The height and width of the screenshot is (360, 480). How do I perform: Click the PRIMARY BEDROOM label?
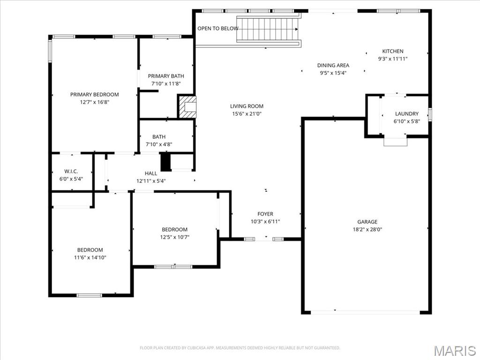point(94,94)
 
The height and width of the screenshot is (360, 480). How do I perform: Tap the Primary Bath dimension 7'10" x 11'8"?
point(166,83)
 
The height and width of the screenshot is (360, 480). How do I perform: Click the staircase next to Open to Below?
point(268,29)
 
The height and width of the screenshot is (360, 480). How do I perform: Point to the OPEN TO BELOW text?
point(217,29)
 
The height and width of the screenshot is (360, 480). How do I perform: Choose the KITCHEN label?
point(392,52)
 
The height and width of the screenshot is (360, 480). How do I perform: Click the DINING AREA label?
point(333,66)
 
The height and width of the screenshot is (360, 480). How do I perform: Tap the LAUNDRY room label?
point(406,114)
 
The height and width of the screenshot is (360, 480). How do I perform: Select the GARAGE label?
point(367,222)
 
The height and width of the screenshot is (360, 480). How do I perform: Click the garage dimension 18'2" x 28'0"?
point(367,230)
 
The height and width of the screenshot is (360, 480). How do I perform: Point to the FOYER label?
point(265,214)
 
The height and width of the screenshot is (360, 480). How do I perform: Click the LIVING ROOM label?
point(247,106)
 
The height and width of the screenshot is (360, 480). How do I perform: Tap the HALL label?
point(151,173)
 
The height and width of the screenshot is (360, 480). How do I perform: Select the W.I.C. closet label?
point(71,171)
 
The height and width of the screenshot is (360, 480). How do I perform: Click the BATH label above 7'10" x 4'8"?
point(159,137)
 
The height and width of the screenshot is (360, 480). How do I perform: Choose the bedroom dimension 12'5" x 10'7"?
point(174,237)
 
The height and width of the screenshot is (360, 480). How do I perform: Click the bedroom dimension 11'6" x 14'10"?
point(90,257)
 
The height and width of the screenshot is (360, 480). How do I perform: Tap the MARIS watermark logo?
point(454,350)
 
